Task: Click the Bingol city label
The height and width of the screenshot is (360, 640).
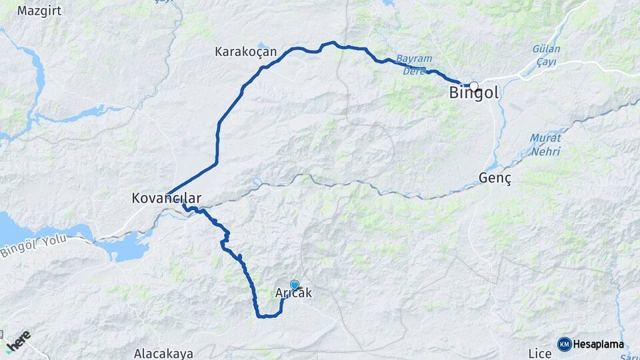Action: coord(474,94)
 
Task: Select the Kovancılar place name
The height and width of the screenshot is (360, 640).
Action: coord(166,199)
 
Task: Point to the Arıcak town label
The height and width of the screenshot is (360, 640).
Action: coord(293,293)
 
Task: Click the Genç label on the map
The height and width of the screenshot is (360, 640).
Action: coord(495,178)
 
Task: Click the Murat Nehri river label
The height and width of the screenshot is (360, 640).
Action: coord(545,144)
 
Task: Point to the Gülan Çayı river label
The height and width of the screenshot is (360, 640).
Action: coord(547,55)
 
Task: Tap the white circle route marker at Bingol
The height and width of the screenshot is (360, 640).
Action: coord(474,86)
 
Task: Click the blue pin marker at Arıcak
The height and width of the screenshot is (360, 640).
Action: coord(294,285)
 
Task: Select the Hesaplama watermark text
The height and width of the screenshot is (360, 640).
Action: coord(599,345)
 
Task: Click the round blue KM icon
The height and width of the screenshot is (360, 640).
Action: coord(564,344)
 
